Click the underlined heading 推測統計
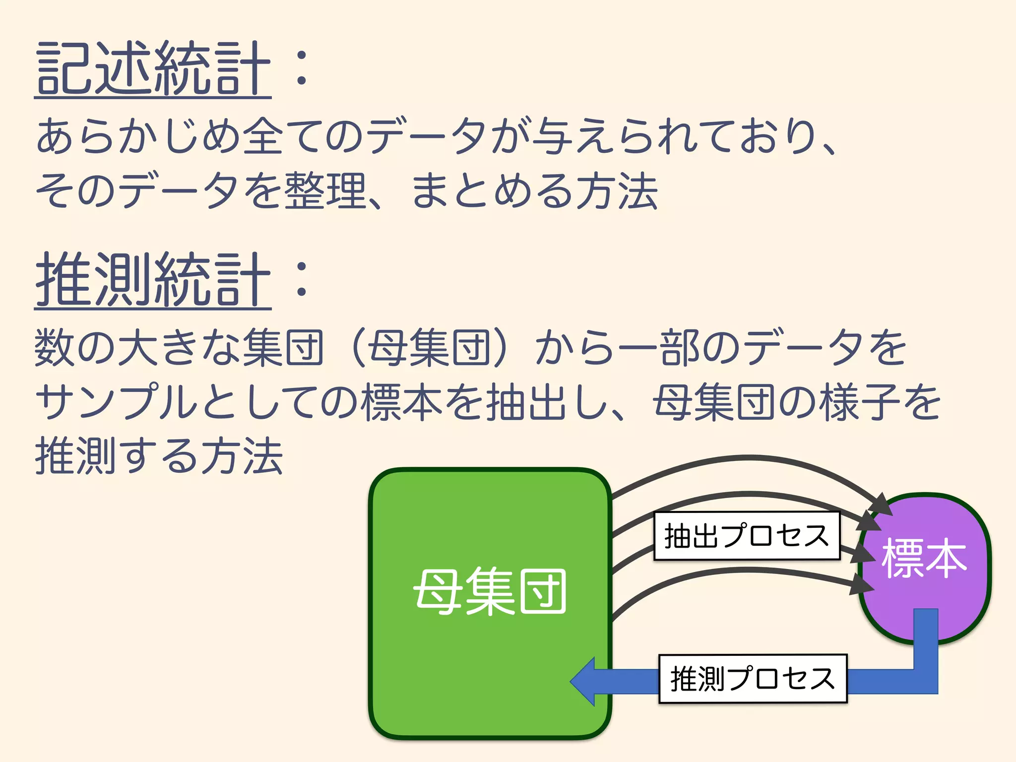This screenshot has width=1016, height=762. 153,280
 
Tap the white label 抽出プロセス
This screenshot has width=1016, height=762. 747,536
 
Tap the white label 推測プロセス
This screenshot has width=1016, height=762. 753,679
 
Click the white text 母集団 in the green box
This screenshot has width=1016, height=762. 490,592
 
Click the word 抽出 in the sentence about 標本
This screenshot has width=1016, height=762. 525,402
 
